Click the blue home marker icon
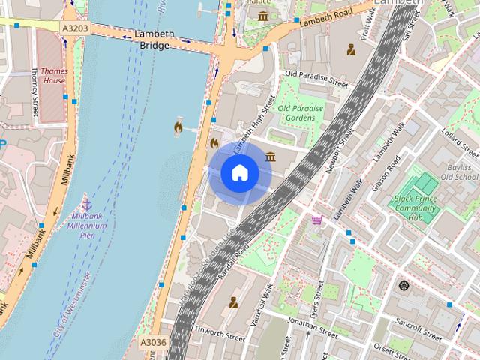pos(239,173)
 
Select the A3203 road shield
pos(74,28)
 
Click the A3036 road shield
pos(154,342)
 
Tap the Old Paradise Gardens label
pos(301,113)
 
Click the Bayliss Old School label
pos(459,172)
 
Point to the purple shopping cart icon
pos(317,220)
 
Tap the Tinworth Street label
pos(220,332)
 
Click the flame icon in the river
pos(178,128)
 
